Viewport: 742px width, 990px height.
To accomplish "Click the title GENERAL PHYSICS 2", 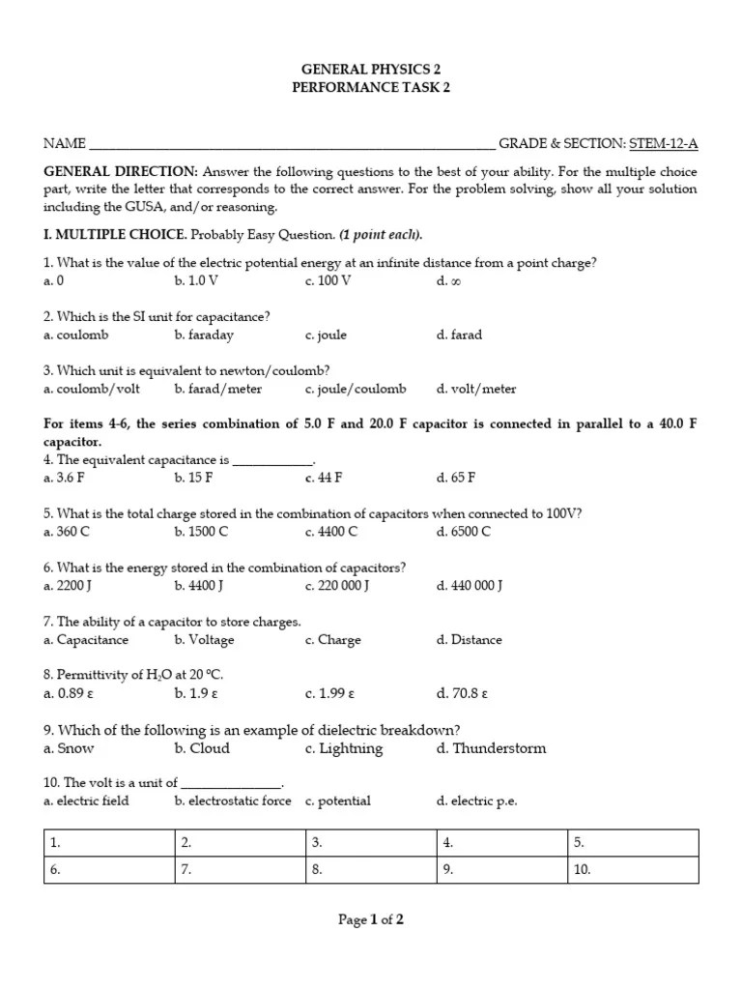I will (371, 70).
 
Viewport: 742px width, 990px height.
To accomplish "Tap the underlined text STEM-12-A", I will (663, 144).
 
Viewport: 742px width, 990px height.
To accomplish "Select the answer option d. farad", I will (459, 335).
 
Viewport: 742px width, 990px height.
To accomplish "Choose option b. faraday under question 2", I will (204, 335).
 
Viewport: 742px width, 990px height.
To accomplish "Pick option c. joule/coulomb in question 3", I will (356, 390).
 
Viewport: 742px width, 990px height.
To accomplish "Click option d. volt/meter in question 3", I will (476, 390).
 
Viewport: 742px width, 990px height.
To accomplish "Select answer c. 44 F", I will (324, 478).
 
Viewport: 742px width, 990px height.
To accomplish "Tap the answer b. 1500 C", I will (201, 532).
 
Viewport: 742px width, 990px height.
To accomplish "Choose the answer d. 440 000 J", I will (470, 586).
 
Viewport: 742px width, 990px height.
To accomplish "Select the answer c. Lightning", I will (344, 748).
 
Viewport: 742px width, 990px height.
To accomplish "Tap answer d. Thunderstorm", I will (491, 748).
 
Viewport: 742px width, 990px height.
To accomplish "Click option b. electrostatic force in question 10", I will (232, 801).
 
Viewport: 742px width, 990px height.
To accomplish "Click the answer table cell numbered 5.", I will (632, 842).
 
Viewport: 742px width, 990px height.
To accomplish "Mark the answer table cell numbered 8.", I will (370, 869).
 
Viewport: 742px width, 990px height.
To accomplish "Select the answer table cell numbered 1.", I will (108, 842).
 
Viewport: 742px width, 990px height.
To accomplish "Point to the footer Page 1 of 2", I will (371, 920).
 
